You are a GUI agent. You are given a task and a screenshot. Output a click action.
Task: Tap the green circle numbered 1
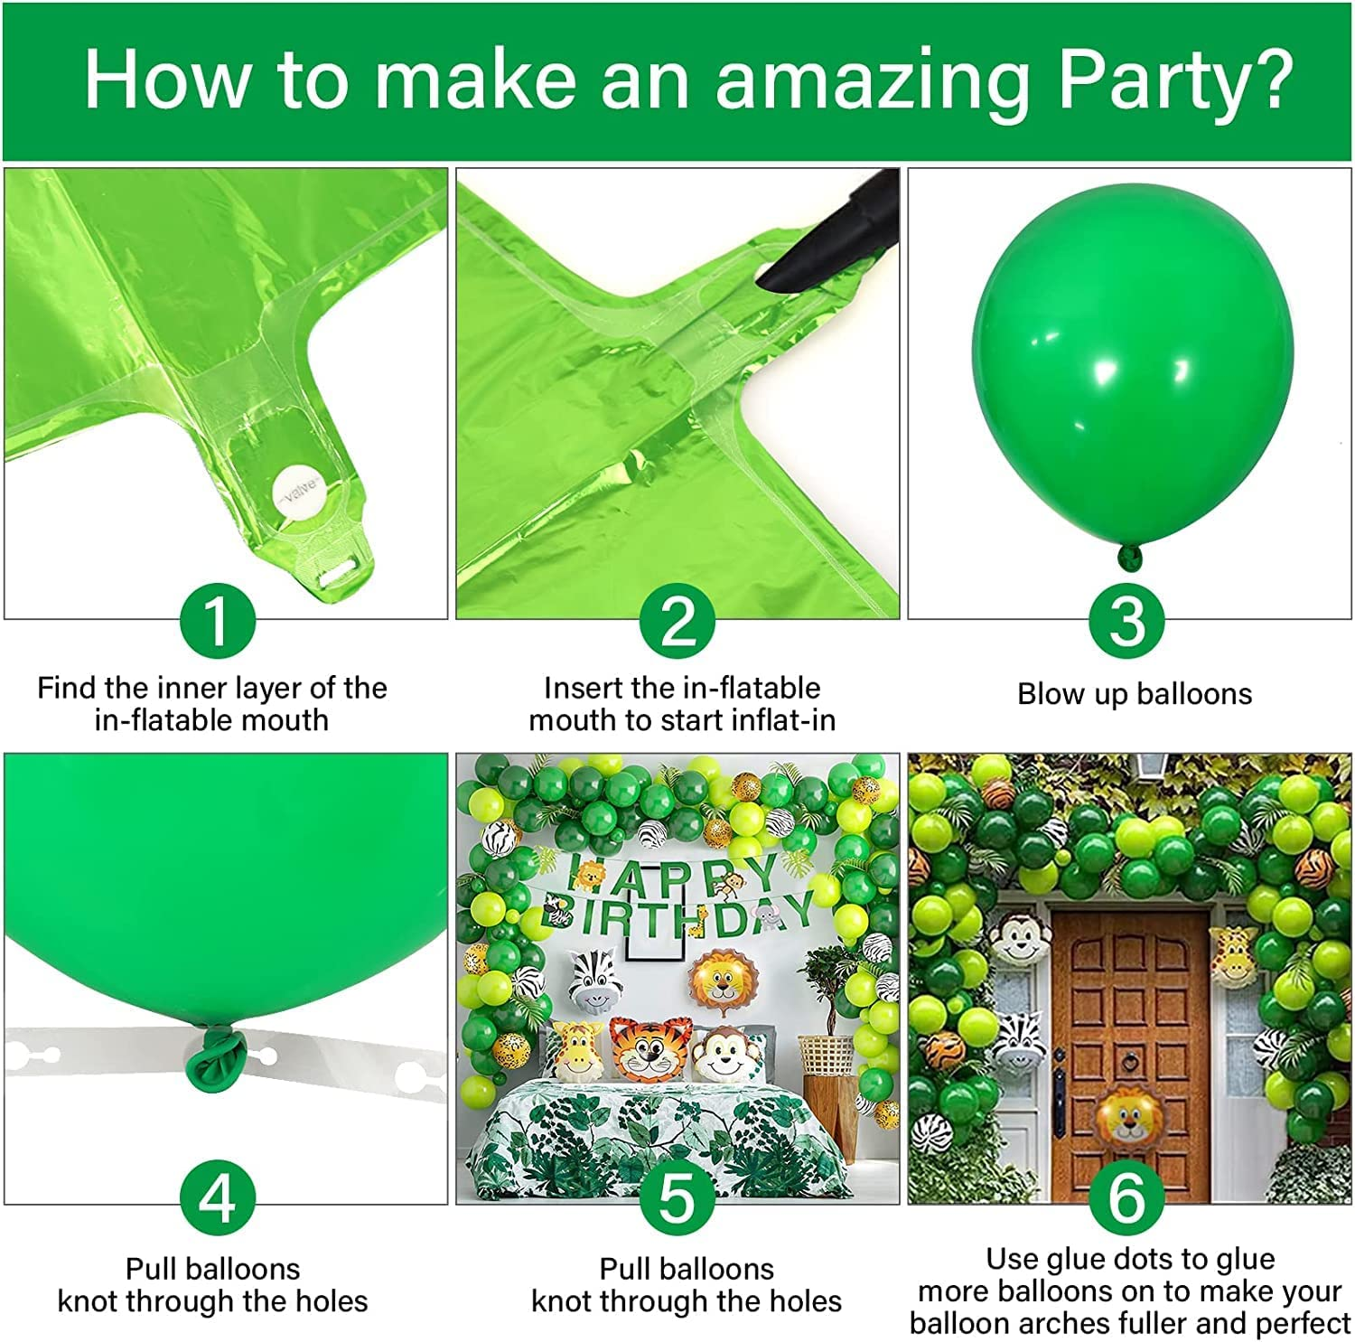(217, 621)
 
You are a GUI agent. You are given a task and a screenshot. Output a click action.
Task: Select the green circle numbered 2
(678, 621)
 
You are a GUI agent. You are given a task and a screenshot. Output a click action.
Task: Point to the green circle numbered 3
(1126, 621)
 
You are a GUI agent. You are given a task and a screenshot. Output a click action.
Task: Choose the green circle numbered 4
(217, 1197)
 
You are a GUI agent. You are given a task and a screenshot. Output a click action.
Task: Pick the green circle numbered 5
(677, 1197)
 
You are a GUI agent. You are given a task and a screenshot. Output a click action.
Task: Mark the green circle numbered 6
(1126, 1197)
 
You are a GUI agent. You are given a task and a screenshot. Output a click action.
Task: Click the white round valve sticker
(297, 489)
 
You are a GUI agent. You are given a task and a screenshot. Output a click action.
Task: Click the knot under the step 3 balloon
(1130, 556)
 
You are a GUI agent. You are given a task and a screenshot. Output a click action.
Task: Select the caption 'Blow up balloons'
(1135, 694)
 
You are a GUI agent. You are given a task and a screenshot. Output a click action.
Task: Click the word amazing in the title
(872, 81)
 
